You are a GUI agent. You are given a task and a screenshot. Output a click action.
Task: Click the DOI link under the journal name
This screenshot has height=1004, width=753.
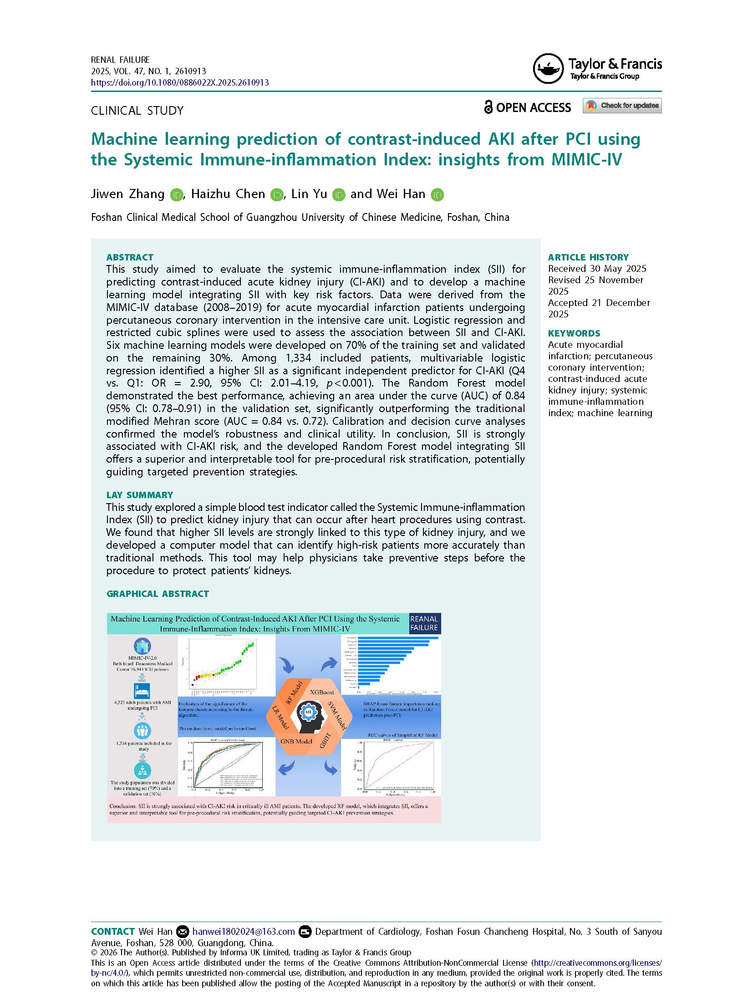180,82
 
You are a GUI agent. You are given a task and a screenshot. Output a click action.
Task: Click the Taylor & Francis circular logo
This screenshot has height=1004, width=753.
548,69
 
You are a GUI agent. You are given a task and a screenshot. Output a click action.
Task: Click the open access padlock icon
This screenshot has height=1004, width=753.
488,107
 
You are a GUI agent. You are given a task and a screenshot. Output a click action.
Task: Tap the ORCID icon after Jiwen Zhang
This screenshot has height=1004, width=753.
177,195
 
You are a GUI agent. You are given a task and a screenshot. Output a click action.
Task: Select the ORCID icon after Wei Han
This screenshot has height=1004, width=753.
437,195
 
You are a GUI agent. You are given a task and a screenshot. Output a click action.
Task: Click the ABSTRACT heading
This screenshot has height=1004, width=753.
130,257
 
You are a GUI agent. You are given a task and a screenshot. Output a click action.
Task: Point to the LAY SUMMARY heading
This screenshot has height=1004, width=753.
139,495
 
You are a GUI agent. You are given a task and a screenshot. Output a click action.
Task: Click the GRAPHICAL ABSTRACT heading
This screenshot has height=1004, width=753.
158,594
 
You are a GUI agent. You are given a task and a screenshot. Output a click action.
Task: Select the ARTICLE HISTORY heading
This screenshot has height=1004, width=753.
588,257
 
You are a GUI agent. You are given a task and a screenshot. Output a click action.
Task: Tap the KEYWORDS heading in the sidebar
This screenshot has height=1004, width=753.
574,333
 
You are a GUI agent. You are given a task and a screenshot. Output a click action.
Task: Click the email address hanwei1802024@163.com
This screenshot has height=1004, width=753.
244,932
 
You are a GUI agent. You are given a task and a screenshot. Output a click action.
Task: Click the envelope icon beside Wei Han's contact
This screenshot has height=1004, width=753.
182,932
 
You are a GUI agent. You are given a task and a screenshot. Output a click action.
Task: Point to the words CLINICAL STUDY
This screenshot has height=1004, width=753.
137,111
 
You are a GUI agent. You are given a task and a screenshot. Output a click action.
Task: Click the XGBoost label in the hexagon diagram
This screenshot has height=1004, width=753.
322,692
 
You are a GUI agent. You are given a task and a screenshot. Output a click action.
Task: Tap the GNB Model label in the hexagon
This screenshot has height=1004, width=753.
296,741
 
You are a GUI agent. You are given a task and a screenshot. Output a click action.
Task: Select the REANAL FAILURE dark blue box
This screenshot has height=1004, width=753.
424,623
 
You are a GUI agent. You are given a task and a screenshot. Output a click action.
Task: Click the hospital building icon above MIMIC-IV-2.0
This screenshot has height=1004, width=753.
142,646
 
